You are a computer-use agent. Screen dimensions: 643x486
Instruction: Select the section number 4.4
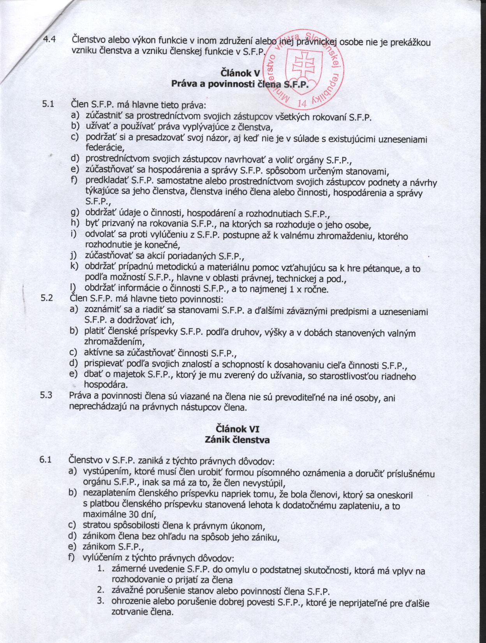point(50,39)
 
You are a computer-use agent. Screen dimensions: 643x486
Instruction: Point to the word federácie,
point(104,148)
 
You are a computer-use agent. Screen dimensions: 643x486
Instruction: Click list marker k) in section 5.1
point(73,267)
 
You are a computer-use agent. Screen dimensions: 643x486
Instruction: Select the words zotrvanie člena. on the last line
point(142,612)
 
